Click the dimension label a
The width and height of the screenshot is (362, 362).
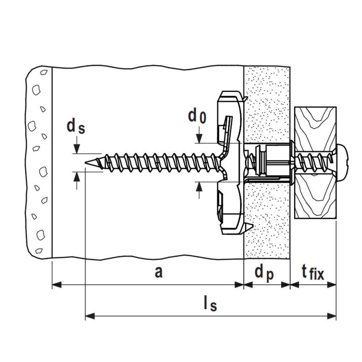[158, 272]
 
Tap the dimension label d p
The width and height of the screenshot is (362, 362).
[264, 272]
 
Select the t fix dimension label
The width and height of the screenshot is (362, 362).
[313, 272]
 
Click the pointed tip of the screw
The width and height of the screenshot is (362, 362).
[86, 163]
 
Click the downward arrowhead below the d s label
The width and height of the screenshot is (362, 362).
[76, 150]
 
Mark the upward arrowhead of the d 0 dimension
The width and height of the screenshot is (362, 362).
[199, 186]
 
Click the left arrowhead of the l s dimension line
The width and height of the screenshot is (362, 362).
[89, 316]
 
